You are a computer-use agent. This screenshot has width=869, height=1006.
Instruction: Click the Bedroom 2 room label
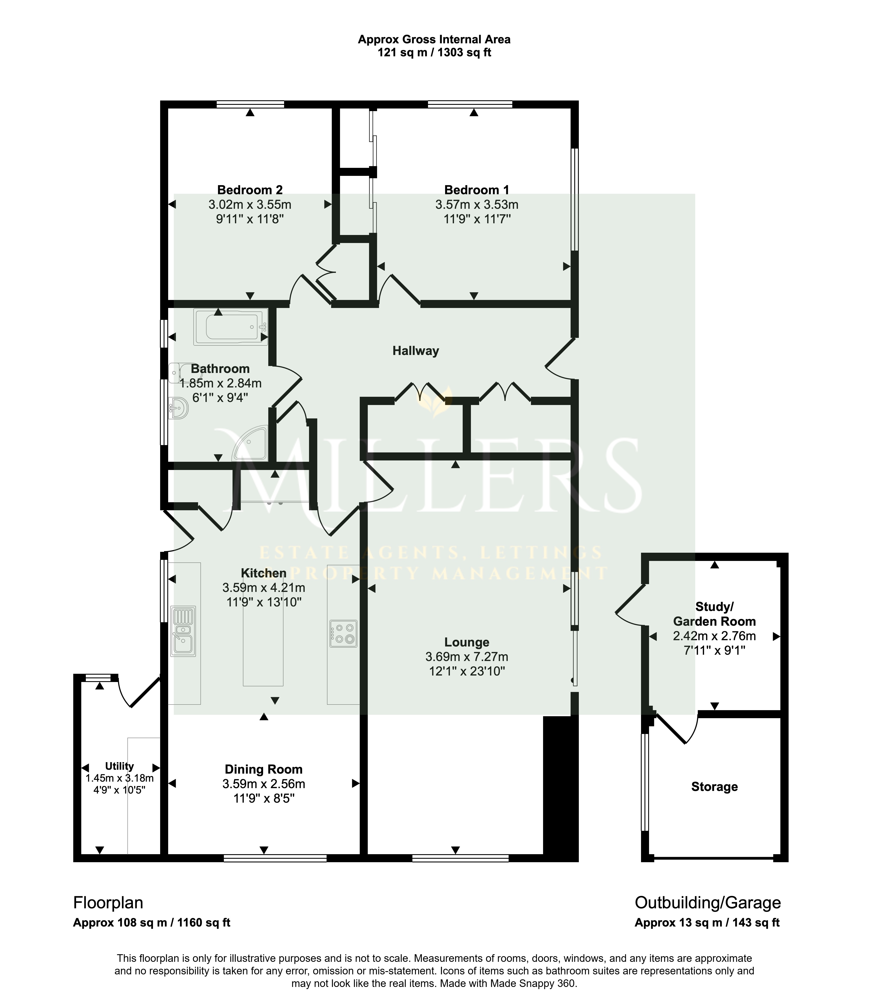click(x=250, y=190)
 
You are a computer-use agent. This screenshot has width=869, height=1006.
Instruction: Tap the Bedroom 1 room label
click(x=477, y=190)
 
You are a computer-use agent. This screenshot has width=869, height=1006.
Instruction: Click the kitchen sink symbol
click(x=183, y=631)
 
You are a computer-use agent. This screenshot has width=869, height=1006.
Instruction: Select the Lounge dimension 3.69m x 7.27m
click(x=467, y=657)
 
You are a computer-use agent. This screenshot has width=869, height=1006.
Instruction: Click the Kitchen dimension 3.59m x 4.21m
click(x=264, y=588)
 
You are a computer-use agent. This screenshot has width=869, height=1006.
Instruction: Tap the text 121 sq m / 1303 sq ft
click(x=434, y=52)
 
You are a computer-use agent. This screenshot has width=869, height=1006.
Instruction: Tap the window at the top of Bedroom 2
click(x=250, y=104)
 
